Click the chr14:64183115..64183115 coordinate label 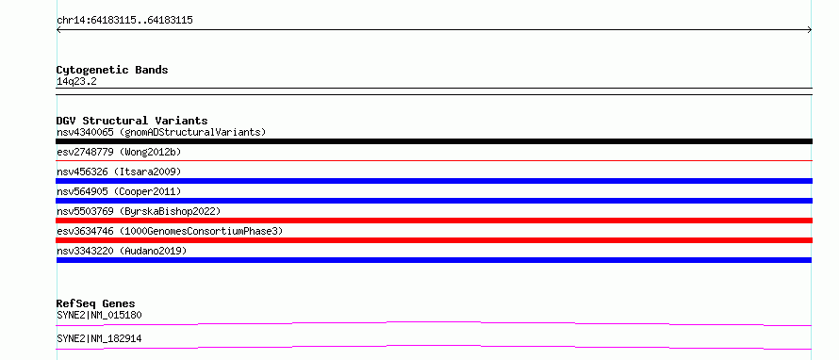(124, 21)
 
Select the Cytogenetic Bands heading (112, 70)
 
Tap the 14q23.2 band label (76, 82)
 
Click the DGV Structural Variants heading (132, 121)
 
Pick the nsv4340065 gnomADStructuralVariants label (161, 132)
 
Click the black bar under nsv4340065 (434, 141)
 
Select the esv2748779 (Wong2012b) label (119, 152)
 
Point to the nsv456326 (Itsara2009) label (119, 172)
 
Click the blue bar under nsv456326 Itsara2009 (434, 181)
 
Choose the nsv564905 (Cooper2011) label (119, 191)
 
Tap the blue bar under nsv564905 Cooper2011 (434, 201)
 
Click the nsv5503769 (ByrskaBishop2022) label (139, 211)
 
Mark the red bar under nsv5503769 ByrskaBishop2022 (434, 221)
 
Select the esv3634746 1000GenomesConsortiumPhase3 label (170, 231)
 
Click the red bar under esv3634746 (434, 240)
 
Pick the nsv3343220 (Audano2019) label (122, 251)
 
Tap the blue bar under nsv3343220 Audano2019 (434, 260)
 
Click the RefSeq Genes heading (96, 303)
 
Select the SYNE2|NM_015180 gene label (99, 315)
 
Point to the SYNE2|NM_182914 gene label (99, 338)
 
